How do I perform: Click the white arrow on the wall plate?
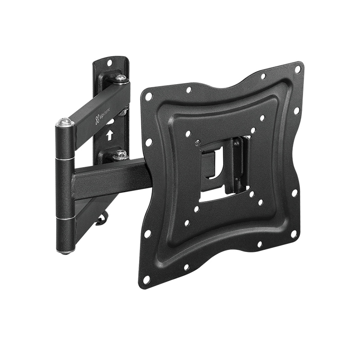(109, 134)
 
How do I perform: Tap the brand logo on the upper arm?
(100, 118)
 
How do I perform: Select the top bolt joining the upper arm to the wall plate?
(121, 78)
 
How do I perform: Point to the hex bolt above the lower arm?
(120, 154)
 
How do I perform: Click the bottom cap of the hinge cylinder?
(66, 251)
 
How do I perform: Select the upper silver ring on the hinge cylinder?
(65, 158)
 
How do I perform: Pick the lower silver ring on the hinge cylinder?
(66, 218)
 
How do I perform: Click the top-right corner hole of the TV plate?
(297, 69)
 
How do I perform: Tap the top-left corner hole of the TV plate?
(147, 96)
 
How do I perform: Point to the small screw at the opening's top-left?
(197, 143)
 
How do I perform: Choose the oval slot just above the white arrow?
(109, 122)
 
